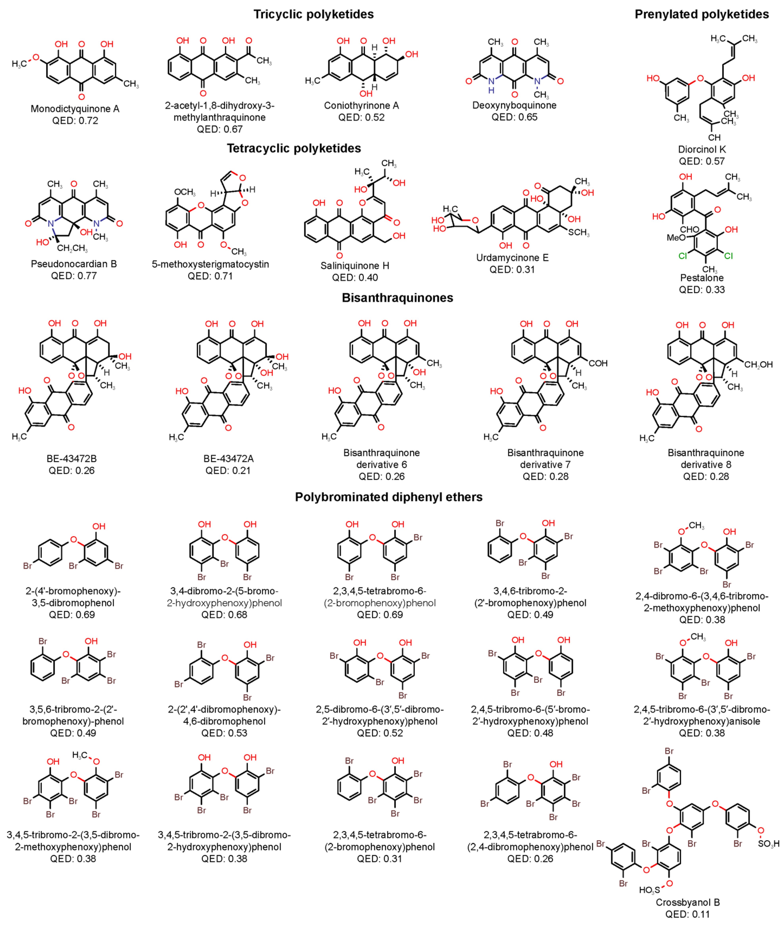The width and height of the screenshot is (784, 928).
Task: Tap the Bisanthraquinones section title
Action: (397, 298)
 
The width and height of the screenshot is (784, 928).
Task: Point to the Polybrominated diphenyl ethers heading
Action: (388, 497)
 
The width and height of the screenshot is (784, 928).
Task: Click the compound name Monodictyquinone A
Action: (75, 109)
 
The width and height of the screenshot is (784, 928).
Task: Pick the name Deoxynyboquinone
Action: (514, 105)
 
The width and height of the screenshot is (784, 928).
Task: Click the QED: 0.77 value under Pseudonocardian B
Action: (74, 276)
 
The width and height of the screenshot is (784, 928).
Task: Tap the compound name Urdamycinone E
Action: (512, 258)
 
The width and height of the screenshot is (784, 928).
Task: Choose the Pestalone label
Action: (702, 278)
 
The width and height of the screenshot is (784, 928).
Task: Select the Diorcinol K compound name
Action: (702, 149)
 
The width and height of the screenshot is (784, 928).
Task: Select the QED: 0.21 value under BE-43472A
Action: (228, 470)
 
